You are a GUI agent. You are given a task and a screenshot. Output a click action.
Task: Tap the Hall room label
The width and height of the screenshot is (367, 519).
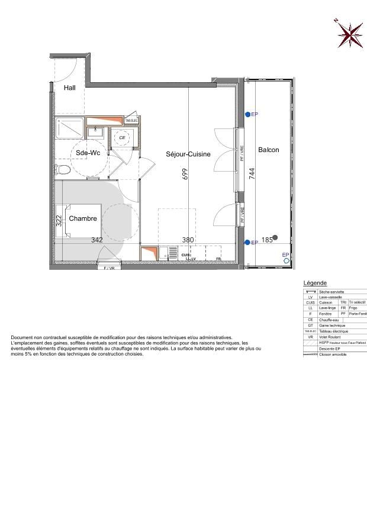[70, 88]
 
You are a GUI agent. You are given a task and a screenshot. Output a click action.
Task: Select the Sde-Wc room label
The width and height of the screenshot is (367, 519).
[88, 153]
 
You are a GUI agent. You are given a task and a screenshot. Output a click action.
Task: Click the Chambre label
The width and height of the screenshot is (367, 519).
[83, 218]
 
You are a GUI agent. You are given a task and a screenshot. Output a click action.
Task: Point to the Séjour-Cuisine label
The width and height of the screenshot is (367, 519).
[188, 154]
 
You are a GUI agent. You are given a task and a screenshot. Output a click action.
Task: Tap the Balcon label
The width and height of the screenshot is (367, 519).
[268, 150]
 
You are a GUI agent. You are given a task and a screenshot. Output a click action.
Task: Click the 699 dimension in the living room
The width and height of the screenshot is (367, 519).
[185, 174]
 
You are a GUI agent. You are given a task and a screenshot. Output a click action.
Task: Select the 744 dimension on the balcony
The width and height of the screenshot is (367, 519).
[252, 173]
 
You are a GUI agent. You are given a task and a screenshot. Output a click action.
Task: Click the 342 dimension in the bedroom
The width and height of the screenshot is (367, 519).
[97, 240]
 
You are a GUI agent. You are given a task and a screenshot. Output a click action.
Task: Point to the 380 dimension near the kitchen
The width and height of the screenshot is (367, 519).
[188, 240]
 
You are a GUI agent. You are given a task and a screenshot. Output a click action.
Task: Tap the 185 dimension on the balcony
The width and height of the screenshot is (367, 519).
[266, 240]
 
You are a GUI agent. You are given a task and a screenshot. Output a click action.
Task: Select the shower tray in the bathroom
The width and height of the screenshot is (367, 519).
[70, 127]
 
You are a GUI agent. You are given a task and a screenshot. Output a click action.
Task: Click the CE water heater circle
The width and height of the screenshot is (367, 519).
[123, 137]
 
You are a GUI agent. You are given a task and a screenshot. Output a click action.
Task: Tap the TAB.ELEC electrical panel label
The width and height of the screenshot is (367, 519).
[131, 121]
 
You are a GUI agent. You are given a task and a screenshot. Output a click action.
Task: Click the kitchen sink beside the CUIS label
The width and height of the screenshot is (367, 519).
[173, 253]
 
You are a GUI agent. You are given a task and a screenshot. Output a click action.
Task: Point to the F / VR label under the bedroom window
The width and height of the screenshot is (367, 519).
[110, 269]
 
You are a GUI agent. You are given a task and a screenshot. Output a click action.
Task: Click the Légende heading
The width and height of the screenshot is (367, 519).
[315, 283]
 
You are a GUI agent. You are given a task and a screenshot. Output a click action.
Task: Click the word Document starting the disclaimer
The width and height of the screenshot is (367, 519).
[22, 337]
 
